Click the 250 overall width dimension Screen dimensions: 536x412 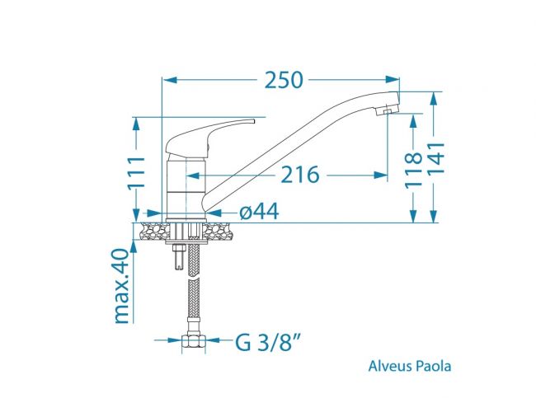[284, 80]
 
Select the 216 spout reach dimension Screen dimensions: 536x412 [300, 175]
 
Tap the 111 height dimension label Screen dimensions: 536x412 [136, 173]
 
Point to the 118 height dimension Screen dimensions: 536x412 [414, 171]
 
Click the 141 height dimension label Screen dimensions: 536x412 [436, 159]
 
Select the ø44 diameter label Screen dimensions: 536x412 [259, 212]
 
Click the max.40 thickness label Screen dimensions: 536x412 [122, 286]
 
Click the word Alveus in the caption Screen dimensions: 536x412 [390, 366]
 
